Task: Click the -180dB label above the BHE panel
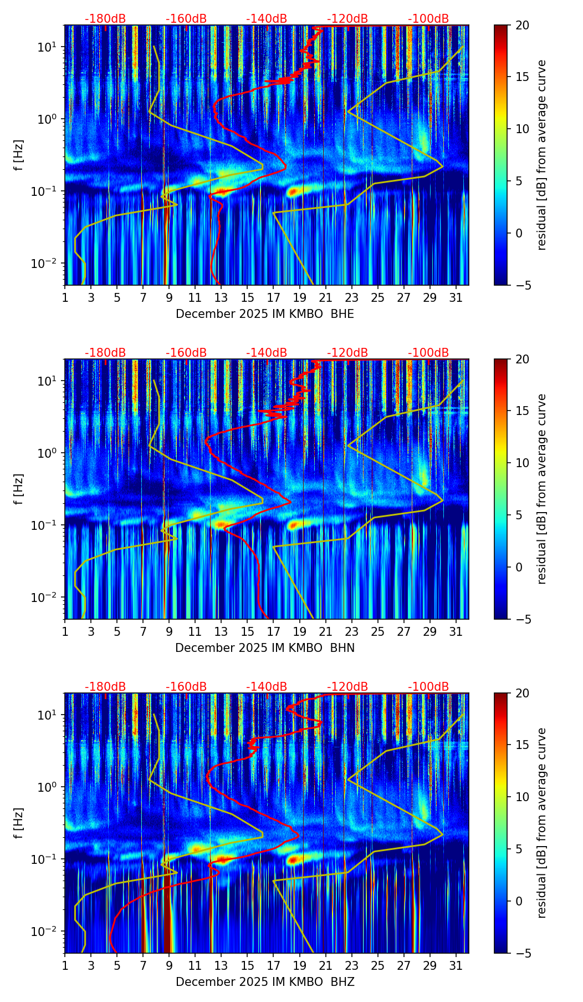point(105,19)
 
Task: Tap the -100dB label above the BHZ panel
point(428,687)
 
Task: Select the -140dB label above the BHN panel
point(267,353)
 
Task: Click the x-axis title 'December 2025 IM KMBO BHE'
point(265,314)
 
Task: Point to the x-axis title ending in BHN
point(265,648)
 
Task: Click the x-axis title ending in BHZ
point(265,982)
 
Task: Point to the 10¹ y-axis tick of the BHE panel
point(47,47)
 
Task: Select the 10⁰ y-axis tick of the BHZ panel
point(47,787)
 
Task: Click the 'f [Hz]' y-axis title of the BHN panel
point(19,489)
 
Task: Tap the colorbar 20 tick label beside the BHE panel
point(522,25)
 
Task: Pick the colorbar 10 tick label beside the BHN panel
point(522,463)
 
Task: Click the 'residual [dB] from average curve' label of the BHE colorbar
point(541,155)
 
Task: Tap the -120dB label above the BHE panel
point(347,19)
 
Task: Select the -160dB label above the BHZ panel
point(186,687)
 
